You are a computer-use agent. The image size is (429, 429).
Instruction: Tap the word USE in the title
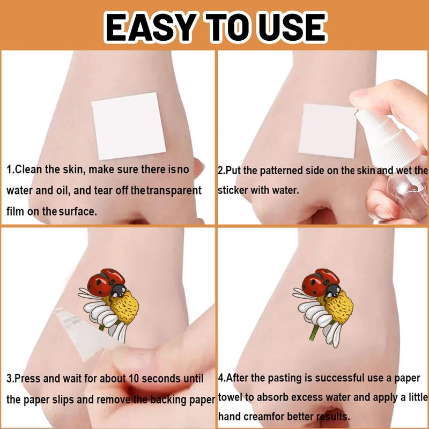pyautogui.click(x=291, y=27)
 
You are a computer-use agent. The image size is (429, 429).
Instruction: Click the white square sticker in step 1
pyautogui.click(x=129, y=126)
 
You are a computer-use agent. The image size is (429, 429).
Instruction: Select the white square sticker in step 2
pyautogui.click(x=328, y=131)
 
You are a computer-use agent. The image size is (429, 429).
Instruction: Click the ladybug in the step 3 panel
pyautogui.click(x=107, y=283)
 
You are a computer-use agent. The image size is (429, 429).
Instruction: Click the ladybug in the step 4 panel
pyautogui.click(x=321, y=283)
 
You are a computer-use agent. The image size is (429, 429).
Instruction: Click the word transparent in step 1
pyautogui.click(x=173, y=190)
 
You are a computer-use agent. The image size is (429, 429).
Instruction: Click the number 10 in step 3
pyautogui.click(x=134, y=379)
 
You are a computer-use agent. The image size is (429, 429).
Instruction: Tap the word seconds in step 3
pyautogui.click(x=161, y=379)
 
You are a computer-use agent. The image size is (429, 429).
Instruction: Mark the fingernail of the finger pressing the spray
pyautogui.click(x=357, y=97)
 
